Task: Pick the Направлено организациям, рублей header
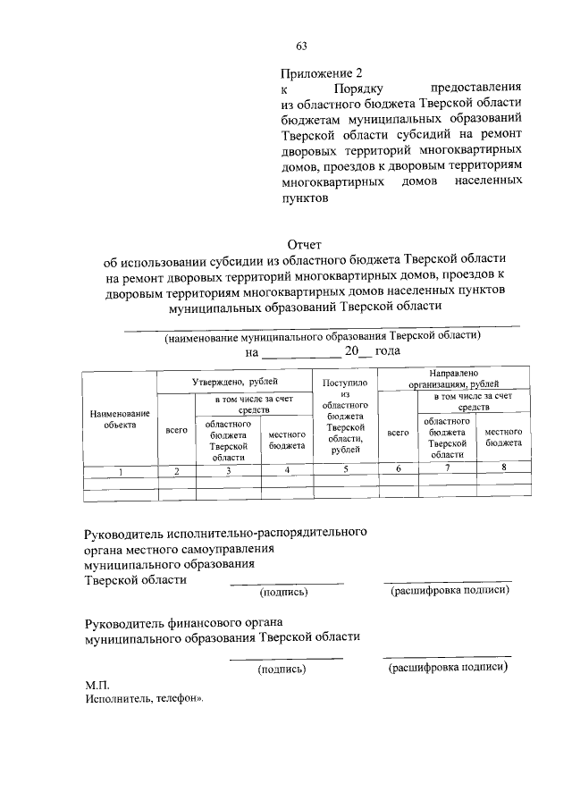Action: [454, 377]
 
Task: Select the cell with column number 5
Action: [344, 469]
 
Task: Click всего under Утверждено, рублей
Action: [177, 431]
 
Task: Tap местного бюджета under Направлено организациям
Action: [504, 436]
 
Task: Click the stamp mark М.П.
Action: [97, 684]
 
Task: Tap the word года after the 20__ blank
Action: [389, 352]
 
